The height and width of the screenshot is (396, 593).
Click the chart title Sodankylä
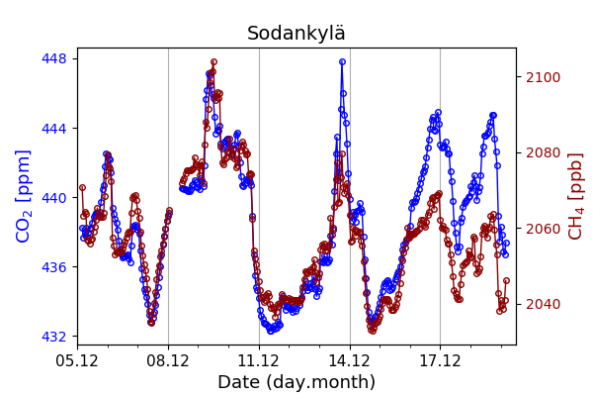(x=296, y=34)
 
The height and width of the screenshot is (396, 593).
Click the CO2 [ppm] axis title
(x=25, y=196)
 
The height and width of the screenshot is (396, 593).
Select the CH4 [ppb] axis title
(x=575, y=196)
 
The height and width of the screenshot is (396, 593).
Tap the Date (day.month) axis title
(x=296, y=382)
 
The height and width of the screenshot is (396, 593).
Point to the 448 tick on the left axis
(x=54, y=58)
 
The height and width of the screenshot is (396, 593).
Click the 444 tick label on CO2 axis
(x=54, y=128)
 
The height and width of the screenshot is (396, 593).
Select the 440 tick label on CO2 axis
(x=54, y=197)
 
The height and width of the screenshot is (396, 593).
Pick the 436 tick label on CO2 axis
(x=54, y=267)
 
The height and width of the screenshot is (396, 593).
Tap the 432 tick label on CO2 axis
(x=54, y=337)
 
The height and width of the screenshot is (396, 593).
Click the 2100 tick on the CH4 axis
(x=542, y=77)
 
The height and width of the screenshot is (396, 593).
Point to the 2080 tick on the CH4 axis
(x=542, y=152)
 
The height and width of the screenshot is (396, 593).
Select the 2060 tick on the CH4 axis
(x=542, y=229)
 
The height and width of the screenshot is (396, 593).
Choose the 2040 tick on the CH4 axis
(x=542, y=304)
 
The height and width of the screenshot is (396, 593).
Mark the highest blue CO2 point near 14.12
(x=342, y=61)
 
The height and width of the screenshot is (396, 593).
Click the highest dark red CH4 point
(x=213, y=62)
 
